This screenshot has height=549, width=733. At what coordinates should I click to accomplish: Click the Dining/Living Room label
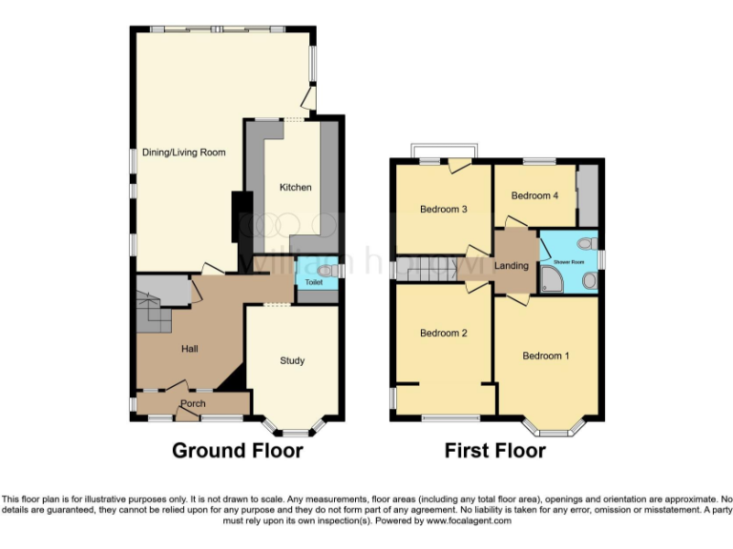(x=183, y=152)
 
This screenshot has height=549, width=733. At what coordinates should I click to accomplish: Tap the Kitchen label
(x=295, y=188)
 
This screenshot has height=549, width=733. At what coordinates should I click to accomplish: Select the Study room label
(x=292, y=360)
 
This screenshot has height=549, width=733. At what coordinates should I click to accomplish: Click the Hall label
(x=190, y=350)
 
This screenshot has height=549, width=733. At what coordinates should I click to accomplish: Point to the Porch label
(x=193, y=404)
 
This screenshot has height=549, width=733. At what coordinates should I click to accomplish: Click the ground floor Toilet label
(x=313, y=283)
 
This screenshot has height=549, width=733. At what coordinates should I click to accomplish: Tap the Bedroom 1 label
(x=545, y=356)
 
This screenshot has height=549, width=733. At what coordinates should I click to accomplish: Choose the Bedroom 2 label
(x=443, y=334)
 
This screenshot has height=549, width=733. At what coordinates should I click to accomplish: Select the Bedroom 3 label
(x=443, y=210)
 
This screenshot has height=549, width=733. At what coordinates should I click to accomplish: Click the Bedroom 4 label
(x=534, y=196)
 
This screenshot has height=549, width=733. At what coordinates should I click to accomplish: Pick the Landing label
(x=512, y=265)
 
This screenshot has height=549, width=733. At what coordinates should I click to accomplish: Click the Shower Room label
(x=563, y=256)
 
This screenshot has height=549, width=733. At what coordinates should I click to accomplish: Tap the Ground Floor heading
(x=237, y=451)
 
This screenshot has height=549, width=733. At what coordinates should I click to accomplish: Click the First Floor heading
(x=494, y=451)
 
